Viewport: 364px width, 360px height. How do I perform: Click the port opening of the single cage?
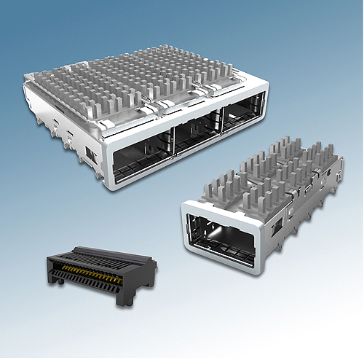tap(222, 234)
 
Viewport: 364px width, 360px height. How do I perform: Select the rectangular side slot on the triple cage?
tap(89, 154)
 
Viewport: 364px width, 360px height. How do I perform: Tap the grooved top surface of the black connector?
tap(95, 256)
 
